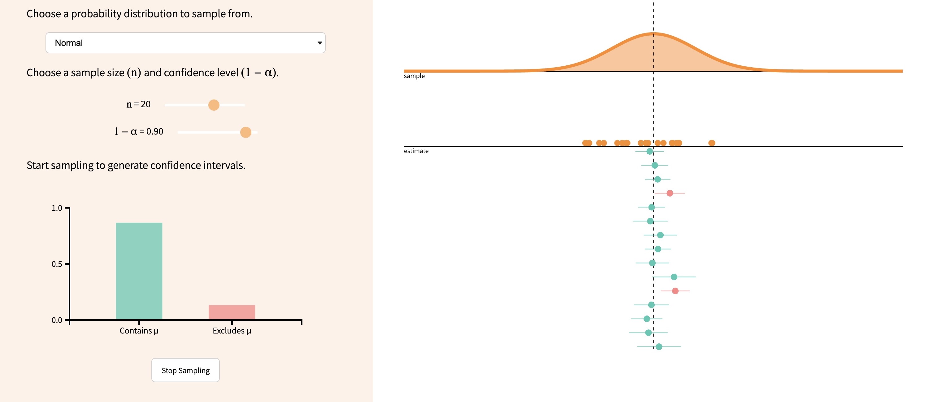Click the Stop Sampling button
(x=185, y=370)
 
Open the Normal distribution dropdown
(x=185, y=43)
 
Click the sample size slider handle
(x=214, y=105)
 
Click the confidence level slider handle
(x=245, y=132)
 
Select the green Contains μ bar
(x=139, y=271)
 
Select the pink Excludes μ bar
(x=232, y=312)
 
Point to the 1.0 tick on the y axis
(x=67, y=208)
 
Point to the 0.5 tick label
(x=57, y=264)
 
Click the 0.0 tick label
(x=57, y=320)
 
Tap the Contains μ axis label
(x=139, y=331)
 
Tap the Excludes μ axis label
(x=232, y=331)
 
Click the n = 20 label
(x=138, y=104)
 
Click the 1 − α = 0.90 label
(x=139, y=131)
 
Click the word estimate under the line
(x=416, y=151)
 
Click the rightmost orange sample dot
(x=712, y=143)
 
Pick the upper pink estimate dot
(x=670, y=193)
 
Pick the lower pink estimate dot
(x=675, y=291)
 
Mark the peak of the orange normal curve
(x=654, y=34)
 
